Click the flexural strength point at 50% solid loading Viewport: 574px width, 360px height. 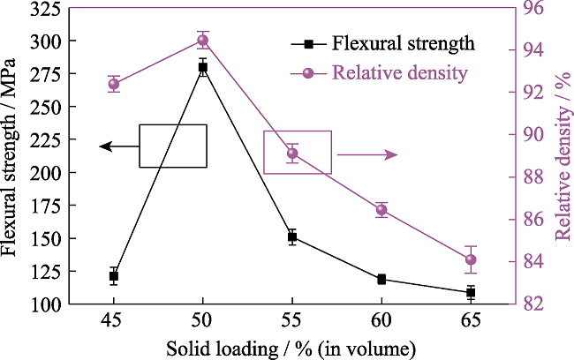(203, 67)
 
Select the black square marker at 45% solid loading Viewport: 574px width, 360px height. (114, 276)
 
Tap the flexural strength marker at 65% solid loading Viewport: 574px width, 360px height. (471, 292)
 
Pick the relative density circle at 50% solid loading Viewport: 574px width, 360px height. (203, 40)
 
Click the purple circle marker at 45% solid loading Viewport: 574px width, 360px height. (114, 85)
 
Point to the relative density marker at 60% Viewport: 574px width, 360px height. (381, 210)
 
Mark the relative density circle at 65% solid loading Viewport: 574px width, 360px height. (471, 259)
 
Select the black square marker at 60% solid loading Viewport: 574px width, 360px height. (381, 279)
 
